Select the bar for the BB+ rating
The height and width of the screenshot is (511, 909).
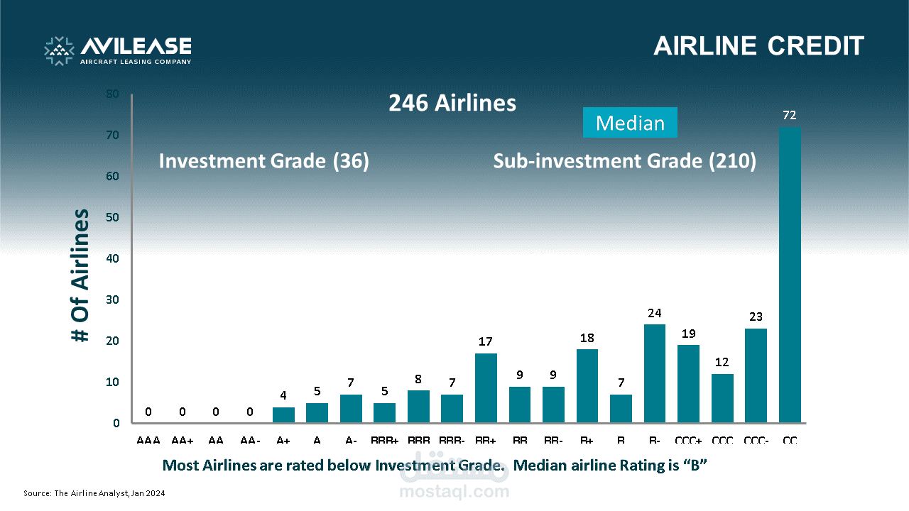click(486, 388)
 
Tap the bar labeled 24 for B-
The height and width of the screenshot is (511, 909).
click(655, 374)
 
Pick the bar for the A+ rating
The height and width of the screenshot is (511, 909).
click(283, 415)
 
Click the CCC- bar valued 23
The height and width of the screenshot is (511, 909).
click(756, 376)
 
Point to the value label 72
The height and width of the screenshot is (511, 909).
click(790, 115)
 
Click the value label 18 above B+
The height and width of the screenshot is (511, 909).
click(587, 338)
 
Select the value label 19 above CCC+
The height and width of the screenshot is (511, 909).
click(688, 334)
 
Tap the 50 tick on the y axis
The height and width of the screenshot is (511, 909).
click(113, 217)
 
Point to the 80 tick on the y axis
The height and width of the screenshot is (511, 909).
click(113, 94)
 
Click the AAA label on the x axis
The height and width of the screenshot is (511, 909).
click(148, 441)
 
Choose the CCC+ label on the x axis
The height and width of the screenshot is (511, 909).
click(688, 441)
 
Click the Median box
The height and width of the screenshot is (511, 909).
click(630, 123)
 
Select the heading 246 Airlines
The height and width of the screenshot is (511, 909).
click(452, 104)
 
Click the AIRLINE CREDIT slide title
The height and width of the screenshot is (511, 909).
click(758, 46)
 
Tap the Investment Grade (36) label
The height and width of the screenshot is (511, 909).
click(264, 161)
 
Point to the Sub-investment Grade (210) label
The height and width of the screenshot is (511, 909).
click(625, 161)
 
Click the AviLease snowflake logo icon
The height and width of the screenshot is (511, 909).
click(59, 50)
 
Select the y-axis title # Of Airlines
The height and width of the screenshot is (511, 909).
click(81, 275)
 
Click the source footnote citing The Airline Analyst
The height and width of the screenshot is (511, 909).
click(94, 493)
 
